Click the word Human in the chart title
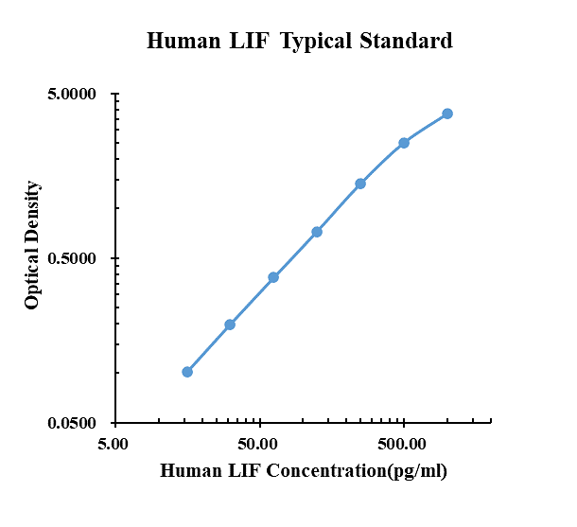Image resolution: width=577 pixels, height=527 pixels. (184, 41)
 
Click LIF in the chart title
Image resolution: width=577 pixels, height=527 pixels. (250, 41)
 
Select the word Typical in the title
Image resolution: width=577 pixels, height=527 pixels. (316, 42)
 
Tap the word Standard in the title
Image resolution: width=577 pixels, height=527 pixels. (406, 41)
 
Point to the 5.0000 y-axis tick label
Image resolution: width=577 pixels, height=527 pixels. (72, 94)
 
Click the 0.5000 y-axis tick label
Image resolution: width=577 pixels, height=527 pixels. (72, 258)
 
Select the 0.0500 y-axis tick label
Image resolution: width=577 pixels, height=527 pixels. (72, 423)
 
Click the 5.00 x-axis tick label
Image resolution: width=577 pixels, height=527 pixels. (113, 444)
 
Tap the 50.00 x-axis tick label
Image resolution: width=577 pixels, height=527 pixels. (257, 444)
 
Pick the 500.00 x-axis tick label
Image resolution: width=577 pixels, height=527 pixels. (402, 444)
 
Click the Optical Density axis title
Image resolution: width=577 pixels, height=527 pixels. (31, 245)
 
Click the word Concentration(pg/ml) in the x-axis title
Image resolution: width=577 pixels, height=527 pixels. (357, 471)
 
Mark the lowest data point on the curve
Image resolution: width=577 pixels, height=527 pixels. (187, 372)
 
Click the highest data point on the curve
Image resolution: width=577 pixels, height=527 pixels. (447, 114)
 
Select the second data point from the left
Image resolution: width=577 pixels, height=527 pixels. (230, 325)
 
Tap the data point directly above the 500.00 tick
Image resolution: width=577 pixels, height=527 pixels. (404, 143)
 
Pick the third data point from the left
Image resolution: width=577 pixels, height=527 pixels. (273, 277)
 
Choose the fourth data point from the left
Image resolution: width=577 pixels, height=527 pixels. (317, 232)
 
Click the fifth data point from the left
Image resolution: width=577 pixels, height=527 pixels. (360, 184)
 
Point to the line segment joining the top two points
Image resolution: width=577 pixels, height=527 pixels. (426, 128)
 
